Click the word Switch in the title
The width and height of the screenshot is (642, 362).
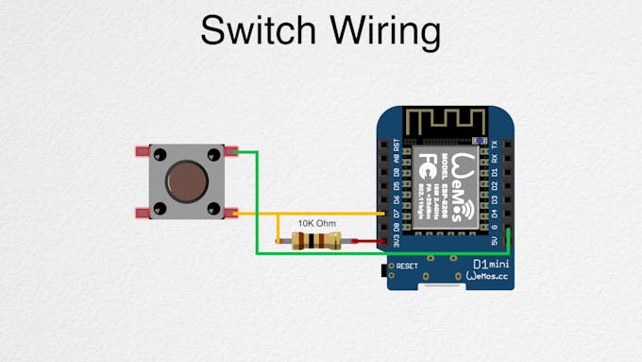(258, 32)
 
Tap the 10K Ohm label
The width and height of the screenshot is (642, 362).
(317, 224)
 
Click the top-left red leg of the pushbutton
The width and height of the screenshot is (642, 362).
(142, 150)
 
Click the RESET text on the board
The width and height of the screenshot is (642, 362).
(407, 267)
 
